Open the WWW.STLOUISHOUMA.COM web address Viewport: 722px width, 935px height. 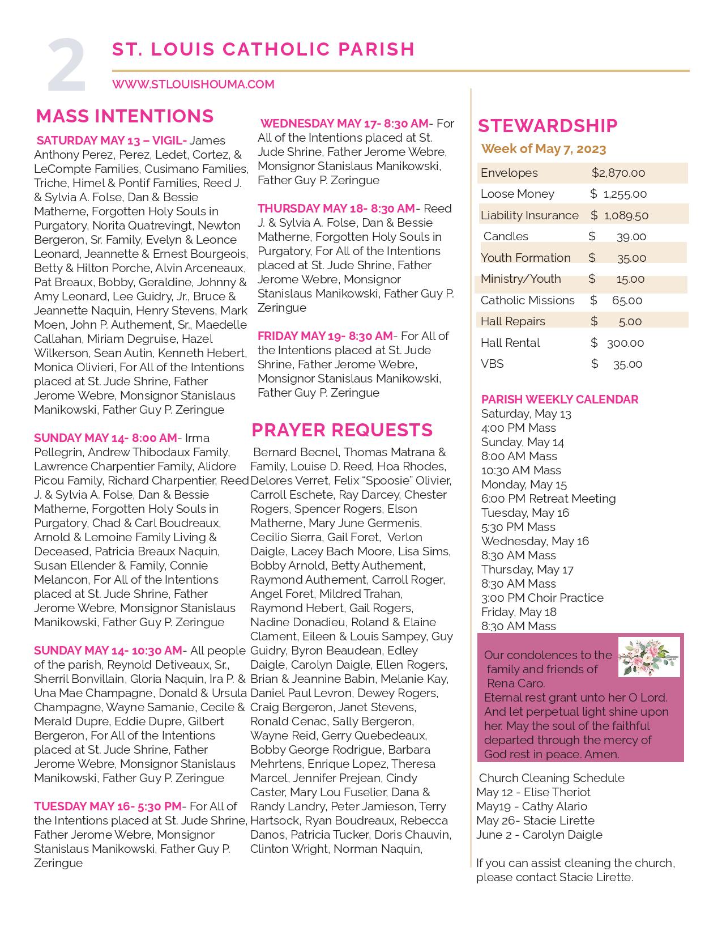pyautogui.click(x=193, y=84)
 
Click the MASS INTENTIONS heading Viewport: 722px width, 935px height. pyautogui.click(x=125, y=116)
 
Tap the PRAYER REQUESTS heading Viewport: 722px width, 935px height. pyautogui.click(x=342, y=430)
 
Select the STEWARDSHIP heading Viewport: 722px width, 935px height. pyautogui.click(x=548, y=126)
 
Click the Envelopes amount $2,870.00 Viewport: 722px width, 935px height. pyautogui.click(x=618, y=173)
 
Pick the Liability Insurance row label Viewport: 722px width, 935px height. pyautogui.click(x=529, y=215)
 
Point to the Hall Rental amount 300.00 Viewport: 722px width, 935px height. pyautogui.click(x=625, y=343)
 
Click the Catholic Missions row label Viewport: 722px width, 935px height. pyautogui.click(x=527, y=300)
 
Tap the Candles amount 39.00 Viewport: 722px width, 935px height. pyautogui.click(x=631, y=237)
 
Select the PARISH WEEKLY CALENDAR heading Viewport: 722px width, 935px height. pyautogui.click(x=559, y=399)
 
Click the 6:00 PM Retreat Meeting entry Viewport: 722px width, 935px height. pyautogui.click(x=548, y=499)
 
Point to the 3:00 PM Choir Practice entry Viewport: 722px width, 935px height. pyautogui.click(x=542, y=598)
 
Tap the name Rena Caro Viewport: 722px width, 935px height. pyautogui.click(x=515, y=683)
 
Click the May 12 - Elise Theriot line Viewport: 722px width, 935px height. pyautogui.click(x=533, y=792)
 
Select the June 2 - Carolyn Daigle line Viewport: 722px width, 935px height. pyautogui.click(x=539, y=835)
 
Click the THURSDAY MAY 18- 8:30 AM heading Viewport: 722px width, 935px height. pyautogui.click(x=336, y=209)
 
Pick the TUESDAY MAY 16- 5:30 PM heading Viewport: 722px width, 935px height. pyautogui.click(x=108, y=806)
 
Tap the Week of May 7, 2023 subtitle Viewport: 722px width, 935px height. pyautogui.click(x=543, y=149)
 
